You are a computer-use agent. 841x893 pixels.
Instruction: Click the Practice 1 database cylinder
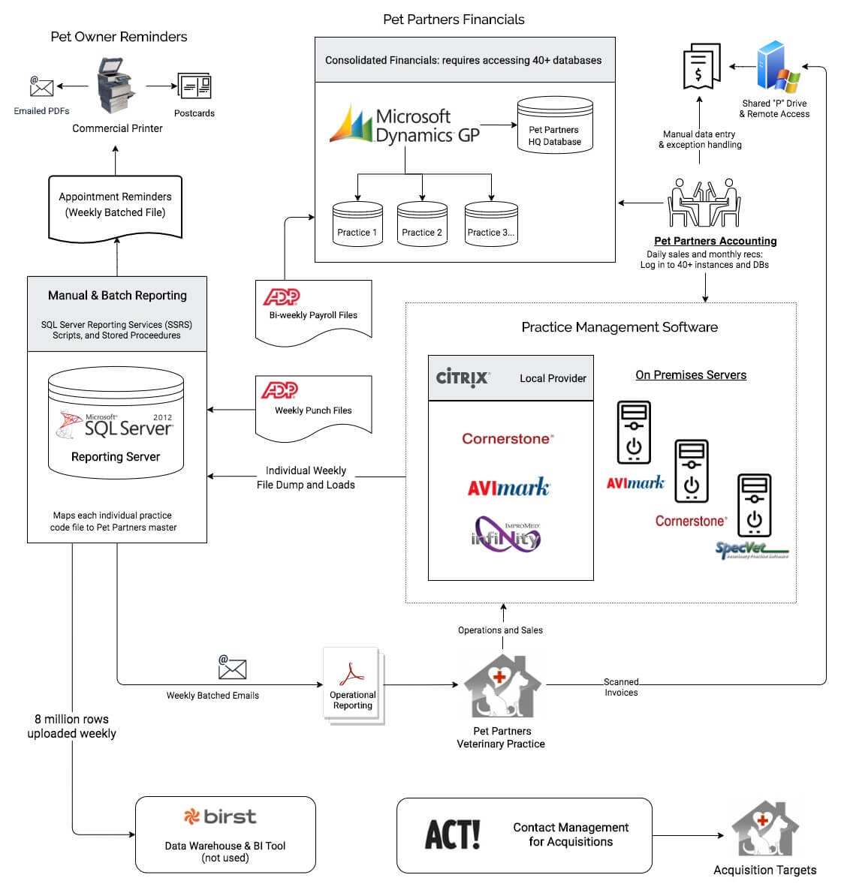pos(357,223)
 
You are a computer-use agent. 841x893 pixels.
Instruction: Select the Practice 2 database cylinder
pos(422,223)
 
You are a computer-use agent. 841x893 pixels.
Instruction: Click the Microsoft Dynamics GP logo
pos(405,125)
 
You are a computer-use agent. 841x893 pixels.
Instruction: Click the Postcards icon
pos(194,87)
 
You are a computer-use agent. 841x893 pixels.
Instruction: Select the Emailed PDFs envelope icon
pos(41,86)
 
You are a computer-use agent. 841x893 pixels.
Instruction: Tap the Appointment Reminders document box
pos(116,206)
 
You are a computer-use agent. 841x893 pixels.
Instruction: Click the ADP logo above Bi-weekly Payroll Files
pos(282,296)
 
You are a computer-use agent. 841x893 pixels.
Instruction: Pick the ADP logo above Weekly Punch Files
pos(279,390)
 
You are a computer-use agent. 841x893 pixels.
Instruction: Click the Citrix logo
pos(463,377)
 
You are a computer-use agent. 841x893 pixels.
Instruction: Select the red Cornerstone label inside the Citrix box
pos(508,439)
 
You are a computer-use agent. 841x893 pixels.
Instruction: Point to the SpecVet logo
pos(752,550)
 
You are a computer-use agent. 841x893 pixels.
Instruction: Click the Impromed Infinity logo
pos(506,534)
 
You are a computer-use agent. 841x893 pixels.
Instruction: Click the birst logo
pos(220,816)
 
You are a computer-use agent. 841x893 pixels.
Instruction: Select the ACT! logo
pos(453,834)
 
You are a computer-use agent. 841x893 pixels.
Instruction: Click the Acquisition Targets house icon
pos(764,829)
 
